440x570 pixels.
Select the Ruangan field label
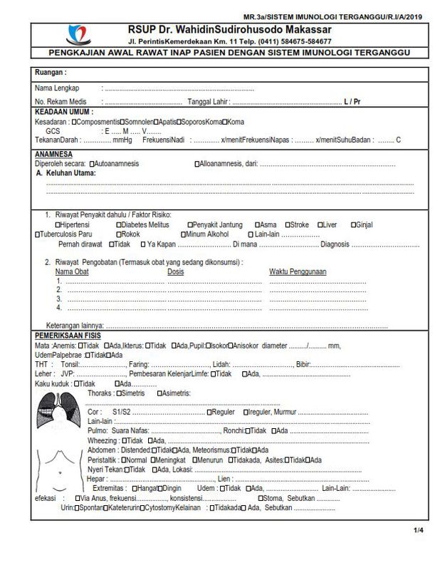pos(51,73)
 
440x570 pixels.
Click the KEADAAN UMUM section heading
pos(64,112)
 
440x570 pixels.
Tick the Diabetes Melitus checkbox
pos(119,224)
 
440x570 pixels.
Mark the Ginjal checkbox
pos(353,224)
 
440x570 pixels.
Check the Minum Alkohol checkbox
pos(183,234)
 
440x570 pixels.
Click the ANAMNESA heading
pos(53,154)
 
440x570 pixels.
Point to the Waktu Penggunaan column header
pos(297,271)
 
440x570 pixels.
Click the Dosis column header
pos(175,271)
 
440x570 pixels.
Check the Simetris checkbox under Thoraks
pos(119,393)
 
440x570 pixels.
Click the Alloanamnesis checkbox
pos(197,164)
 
